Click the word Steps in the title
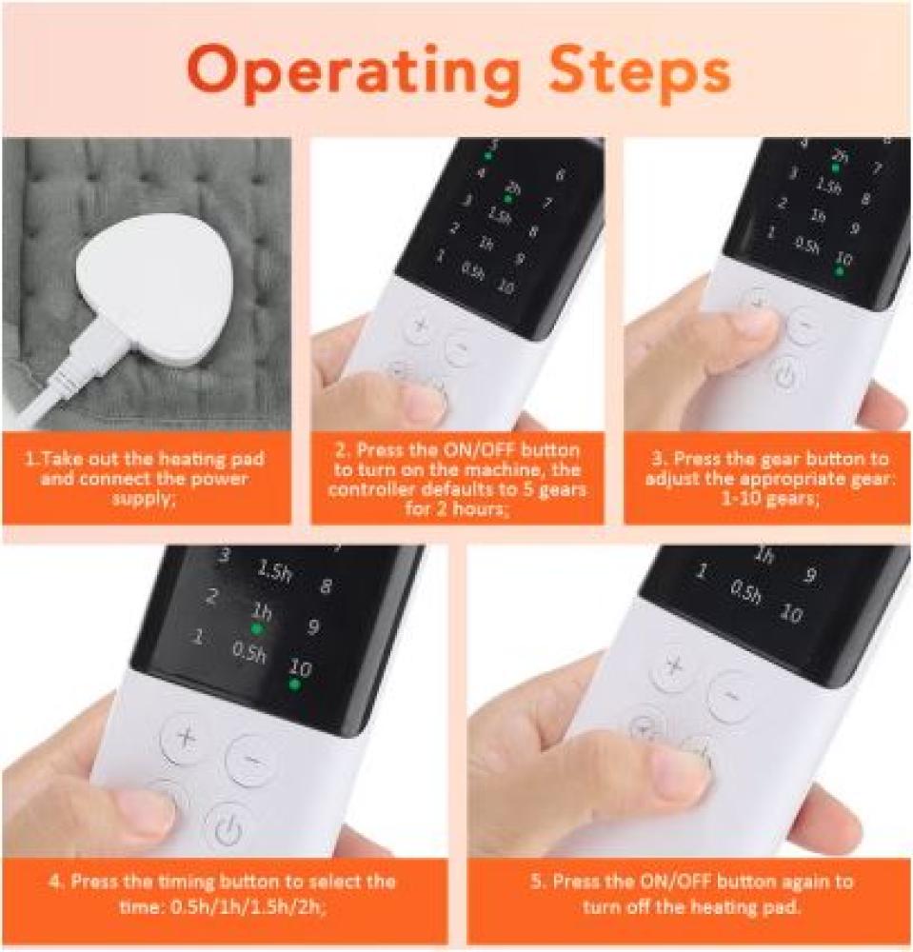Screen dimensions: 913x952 click(x=639, y=72)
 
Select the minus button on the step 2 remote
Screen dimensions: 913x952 click(x=461, y=349)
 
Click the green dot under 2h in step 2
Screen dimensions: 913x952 click(x=507, y=199)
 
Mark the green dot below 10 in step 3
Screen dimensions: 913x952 click(x=840, y=270)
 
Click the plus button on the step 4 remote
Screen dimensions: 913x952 click(x=186, y=738)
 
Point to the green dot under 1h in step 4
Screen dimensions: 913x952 click(x=257, y=629)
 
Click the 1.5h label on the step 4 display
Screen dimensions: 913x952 click(x=274, y=570)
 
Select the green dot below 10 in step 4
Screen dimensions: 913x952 click(x=294, y=684)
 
